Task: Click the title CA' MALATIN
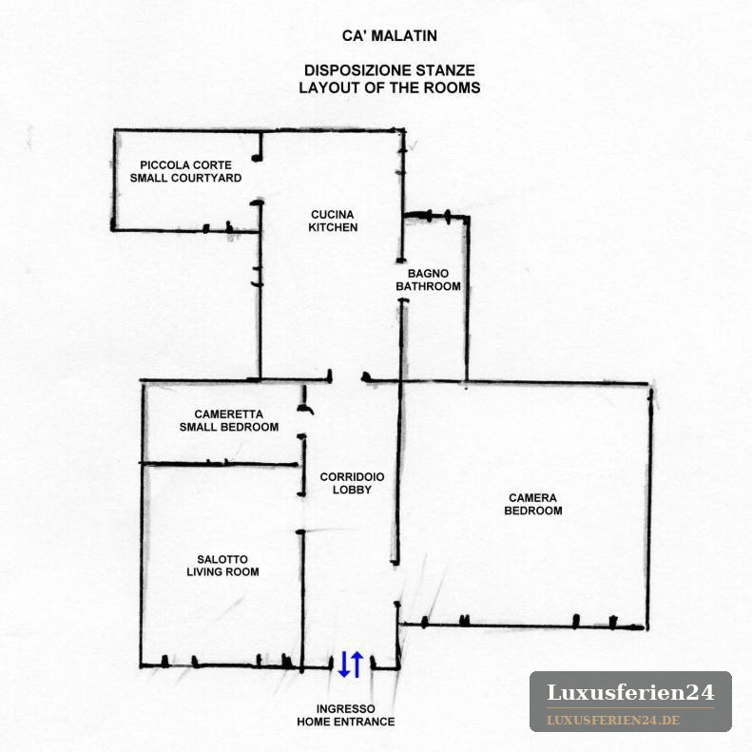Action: [390, 36]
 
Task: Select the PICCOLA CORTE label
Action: [186, 165]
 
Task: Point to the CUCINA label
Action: [333, 214]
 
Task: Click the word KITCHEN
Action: [333, 227]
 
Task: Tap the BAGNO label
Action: [428, 274]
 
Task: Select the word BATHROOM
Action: [428, 286]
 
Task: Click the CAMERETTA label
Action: [229, 414]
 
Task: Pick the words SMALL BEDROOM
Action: [229, 427]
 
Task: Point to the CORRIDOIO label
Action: [352, 476]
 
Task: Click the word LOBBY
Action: [352, 490]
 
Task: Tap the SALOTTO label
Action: [222, 559]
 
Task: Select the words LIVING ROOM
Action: [223, 571]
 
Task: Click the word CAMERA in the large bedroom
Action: [532, 498]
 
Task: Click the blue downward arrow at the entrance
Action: [344, 665]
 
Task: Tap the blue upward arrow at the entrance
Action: [357, 665]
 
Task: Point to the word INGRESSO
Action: [346, 709]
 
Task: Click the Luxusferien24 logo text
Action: [630, 692]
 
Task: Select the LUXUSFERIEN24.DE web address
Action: [613, 720]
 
